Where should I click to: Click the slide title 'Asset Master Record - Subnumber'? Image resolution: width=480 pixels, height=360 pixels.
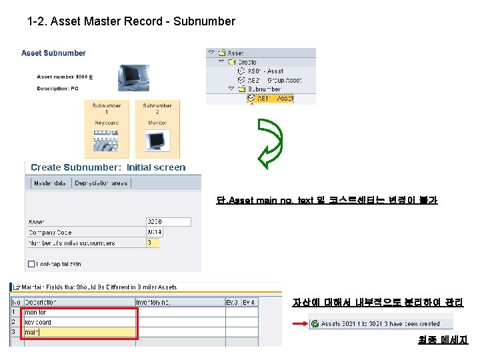tap(131, 21)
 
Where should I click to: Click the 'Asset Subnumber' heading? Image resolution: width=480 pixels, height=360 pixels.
tap(53, 53)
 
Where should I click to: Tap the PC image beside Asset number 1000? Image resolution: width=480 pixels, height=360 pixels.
tap(133, 77)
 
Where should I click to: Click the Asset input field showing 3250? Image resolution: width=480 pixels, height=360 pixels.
tap(168, 222)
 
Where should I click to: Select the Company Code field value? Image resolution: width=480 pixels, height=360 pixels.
tap(168, 233)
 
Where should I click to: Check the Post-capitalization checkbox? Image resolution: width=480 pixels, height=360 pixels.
tap(31, 265)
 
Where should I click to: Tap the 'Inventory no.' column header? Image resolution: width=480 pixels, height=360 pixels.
tap(153, 302)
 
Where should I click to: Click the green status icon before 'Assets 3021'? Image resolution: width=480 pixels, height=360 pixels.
tap(314, 324)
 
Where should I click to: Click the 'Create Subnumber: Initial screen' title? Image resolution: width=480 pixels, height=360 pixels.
tap(108, 167)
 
